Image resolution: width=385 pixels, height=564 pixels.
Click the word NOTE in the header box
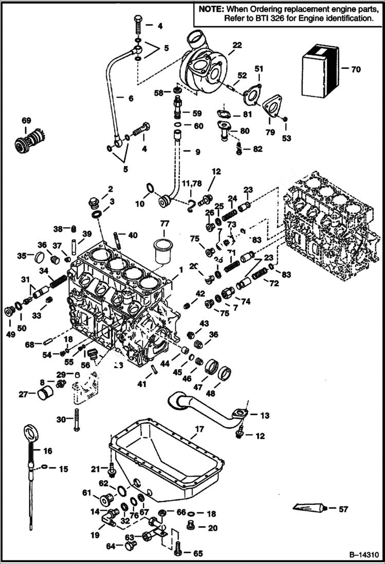point(212,9)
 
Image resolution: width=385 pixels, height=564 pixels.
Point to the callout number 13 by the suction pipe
point(264,415)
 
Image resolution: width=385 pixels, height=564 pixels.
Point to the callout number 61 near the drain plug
point(87,493)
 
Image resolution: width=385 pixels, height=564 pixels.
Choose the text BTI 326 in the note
point(274,18)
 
